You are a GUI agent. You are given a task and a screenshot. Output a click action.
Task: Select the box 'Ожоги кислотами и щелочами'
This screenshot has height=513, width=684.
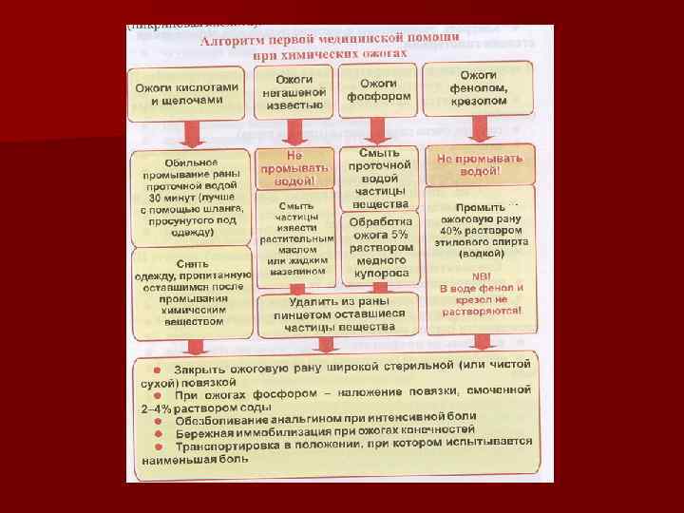point(186,93)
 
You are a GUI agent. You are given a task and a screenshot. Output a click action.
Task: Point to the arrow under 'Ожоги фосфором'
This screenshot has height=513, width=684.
point(379,128)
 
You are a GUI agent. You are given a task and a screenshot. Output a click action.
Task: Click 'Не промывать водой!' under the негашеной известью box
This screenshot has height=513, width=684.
point(295,167)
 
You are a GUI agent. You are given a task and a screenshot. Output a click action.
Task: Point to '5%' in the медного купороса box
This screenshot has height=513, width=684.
point(400,234)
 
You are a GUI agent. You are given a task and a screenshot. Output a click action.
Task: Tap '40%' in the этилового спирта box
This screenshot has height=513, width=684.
point(453,231)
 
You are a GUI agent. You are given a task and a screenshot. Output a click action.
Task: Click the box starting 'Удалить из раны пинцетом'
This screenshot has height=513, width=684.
point(334,313)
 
